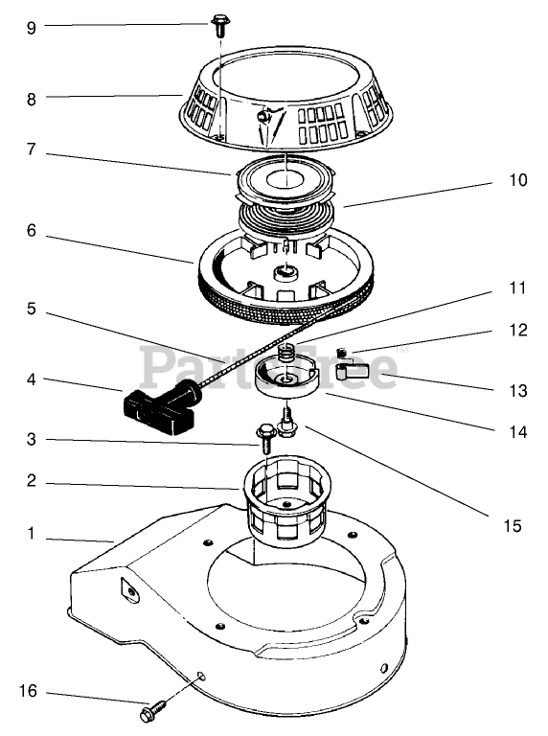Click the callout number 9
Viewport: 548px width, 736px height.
(x=31, y=28)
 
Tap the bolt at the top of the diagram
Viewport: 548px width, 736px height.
(x=218, y=25)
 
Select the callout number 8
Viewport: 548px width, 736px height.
(x=31, y=99)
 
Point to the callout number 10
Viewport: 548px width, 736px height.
(x=518, y=180)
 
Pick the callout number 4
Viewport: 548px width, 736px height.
(x=31, y=379)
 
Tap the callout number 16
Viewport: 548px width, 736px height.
(x=28, y=690)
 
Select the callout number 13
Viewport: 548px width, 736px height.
(x=518, y=390)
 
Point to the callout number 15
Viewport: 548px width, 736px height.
(x=513, y=525)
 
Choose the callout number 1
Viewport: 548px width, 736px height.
(x=31, y=533)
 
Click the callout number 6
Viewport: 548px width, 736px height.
(x=31, y=230)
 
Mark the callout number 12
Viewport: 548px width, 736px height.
(x=518, y=330)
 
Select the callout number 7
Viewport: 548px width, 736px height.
(x=31, y=149)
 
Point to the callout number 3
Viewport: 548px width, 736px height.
(x=31, y=439)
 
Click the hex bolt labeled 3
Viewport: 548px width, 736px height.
(x=265, y=437)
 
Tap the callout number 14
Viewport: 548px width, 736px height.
(x=518, y=432)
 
